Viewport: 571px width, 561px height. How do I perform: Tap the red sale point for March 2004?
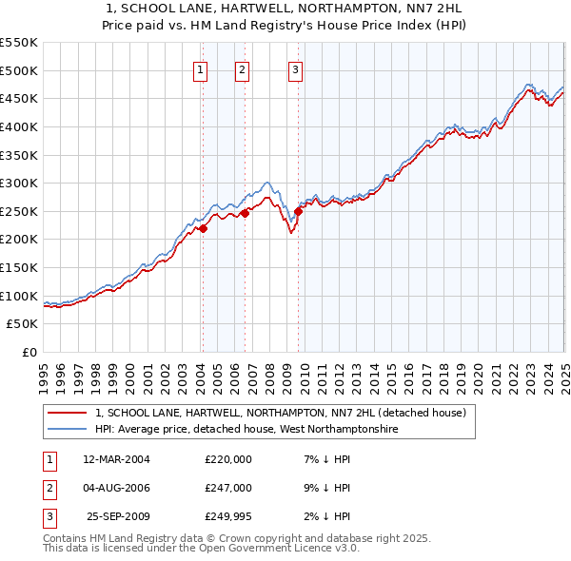203,228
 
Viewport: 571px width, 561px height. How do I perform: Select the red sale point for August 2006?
245,213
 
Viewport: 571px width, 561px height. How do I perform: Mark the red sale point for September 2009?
298,211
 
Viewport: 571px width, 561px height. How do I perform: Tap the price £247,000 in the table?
227,488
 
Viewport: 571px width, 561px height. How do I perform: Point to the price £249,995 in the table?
227,516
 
